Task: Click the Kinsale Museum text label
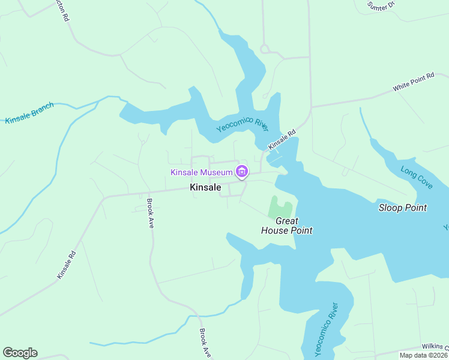coord(201,173)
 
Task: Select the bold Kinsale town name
coord(205,187)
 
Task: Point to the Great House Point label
coord(287,226)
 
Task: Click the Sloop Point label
coord(403,208)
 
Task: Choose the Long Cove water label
coord(417,177)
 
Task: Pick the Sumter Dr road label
coord(382,5)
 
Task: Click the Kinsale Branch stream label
coord(29,113)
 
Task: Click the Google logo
coord(20,353)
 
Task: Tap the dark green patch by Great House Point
coord(279,208)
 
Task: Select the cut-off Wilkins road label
coord(435,346)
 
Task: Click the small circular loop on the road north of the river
coord(264,49)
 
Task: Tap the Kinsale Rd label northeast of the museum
coord(282,140)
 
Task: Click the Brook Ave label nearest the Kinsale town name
coord(150,214)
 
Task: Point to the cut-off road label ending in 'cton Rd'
coord(61,11)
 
